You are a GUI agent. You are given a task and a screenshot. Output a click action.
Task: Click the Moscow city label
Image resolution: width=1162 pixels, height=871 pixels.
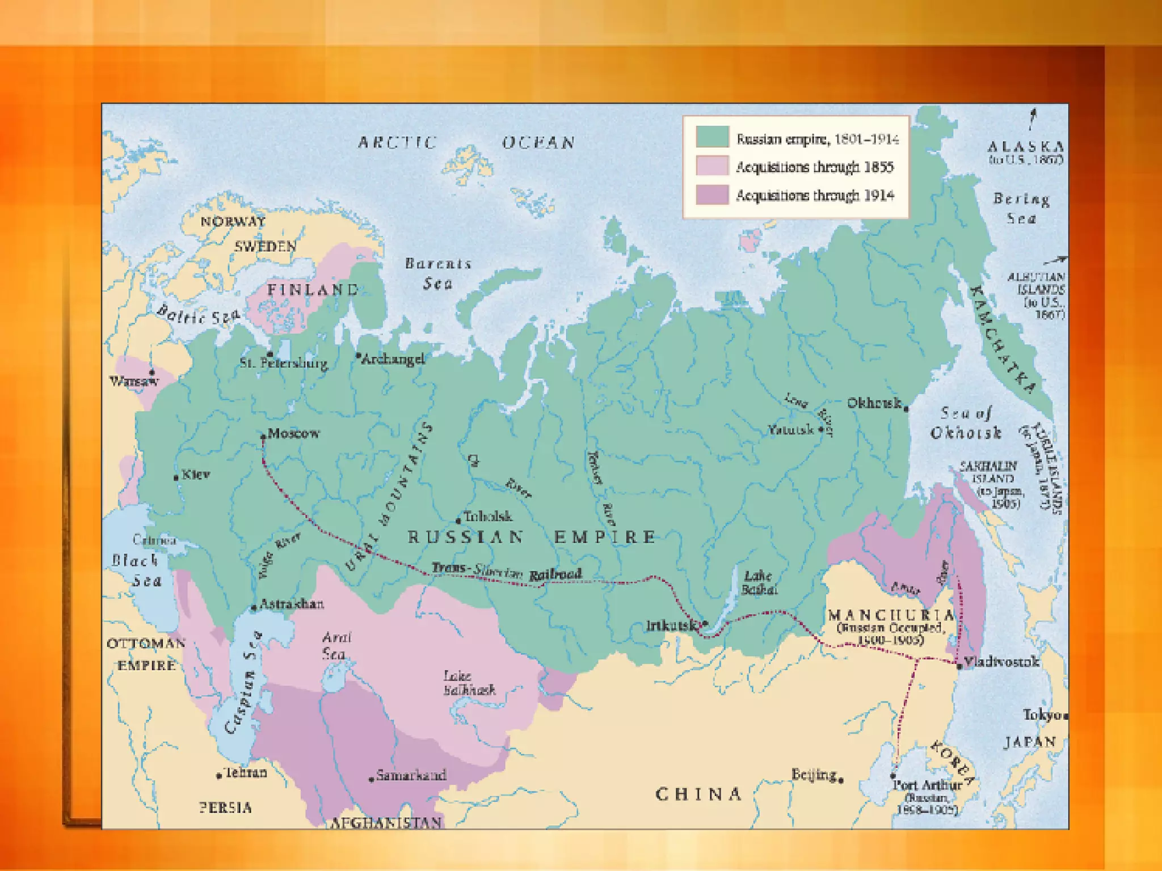click(293, 433)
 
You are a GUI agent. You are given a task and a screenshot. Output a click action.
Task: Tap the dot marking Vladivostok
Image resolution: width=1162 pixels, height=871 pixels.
click(959, 666)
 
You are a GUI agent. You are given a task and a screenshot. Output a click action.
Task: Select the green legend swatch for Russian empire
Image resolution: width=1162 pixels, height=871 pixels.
click(712, 138)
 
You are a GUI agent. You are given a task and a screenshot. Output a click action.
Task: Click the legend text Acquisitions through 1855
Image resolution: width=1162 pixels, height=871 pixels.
click(814, 167)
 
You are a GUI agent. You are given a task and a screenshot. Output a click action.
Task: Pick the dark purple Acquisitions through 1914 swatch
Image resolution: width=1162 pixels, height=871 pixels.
click(712, 195)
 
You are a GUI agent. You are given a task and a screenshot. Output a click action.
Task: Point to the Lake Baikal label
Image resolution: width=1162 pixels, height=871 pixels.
click(759, 583)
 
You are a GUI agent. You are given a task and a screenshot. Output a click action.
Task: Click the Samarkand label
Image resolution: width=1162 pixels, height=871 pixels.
click(411, 775)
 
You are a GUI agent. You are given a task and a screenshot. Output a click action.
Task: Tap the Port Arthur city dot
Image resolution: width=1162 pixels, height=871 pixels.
click(893, 775)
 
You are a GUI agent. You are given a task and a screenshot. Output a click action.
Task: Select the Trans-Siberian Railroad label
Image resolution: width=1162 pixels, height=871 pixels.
click(506, 572)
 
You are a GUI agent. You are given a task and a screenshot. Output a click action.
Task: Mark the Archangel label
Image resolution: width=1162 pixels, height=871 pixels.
click(393, 359)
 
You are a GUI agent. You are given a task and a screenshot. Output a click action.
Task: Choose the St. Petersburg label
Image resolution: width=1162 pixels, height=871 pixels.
click(284, 363)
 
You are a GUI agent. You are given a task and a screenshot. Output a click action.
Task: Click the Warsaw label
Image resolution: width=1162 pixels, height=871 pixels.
click(133, 381)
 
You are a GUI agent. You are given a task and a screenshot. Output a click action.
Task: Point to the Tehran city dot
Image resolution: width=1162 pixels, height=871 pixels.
click(219, 776)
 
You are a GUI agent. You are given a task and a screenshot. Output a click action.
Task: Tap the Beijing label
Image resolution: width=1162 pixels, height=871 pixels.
click(814, 775)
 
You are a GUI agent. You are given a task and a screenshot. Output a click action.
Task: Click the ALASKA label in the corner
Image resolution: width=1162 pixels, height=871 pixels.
click(1025, 146)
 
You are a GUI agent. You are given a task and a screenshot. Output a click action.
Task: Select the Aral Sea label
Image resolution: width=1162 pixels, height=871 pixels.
click(336, 645)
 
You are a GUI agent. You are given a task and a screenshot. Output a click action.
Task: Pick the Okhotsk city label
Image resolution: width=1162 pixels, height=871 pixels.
click(874, 403)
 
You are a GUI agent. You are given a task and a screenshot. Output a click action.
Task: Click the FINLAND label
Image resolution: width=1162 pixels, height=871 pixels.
click(313, 290)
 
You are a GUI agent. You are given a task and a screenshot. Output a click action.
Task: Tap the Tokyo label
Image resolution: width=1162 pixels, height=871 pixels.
click(1042, 715)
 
